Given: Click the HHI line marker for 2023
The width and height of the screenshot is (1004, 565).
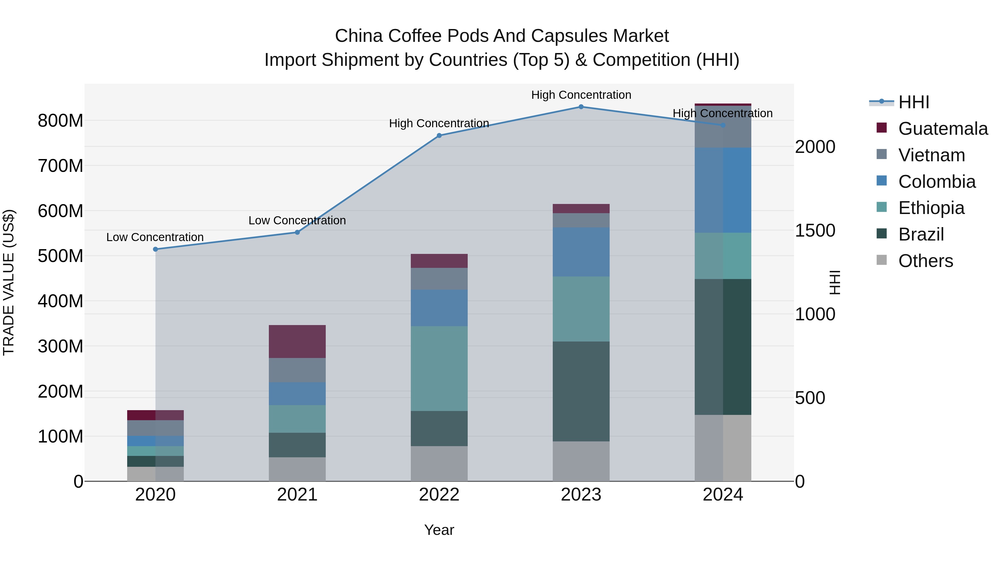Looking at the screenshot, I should click(581, 107).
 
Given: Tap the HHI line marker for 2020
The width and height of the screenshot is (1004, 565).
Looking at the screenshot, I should click(156, 249).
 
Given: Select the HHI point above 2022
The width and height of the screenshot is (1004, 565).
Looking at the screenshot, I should click(439, 136).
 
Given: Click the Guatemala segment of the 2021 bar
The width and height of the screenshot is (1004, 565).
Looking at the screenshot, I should click(297, 342).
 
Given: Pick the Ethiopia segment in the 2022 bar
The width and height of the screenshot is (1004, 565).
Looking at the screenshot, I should click(439, 369).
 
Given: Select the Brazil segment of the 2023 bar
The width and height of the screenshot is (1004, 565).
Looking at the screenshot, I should click(581, 391).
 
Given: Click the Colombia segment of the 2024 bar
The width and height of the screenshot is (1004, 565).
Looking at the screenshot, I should click(723, 190).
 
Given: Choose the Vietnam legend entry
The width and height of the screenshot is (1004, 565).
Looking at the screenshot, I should click(931, 155).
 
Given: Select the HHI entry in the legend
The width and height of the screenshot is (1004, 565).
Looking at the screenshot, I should click(913, 102).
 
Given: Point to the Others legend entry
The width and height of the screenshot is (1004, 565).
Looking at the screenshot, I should click(925, 261).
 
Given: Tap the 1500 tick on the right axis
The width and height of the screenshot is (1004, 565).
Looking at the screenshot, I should click(815, 230).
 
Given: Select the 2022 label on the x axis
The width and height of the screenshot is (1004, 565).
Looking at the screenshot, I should click(439, 495).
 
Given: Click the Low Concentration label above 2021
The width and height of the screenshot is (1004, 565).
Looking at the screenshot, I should click(297, 220).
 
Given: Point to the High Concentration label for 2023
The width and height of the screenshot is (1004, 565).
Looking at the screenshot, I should click(581, 95).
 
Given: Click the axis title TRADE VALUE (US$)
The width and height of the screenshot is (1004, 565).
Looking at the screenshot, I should click(9, 282).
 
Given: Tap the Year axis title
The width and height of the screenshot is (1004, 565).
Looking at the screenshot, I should click(439, 530).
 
